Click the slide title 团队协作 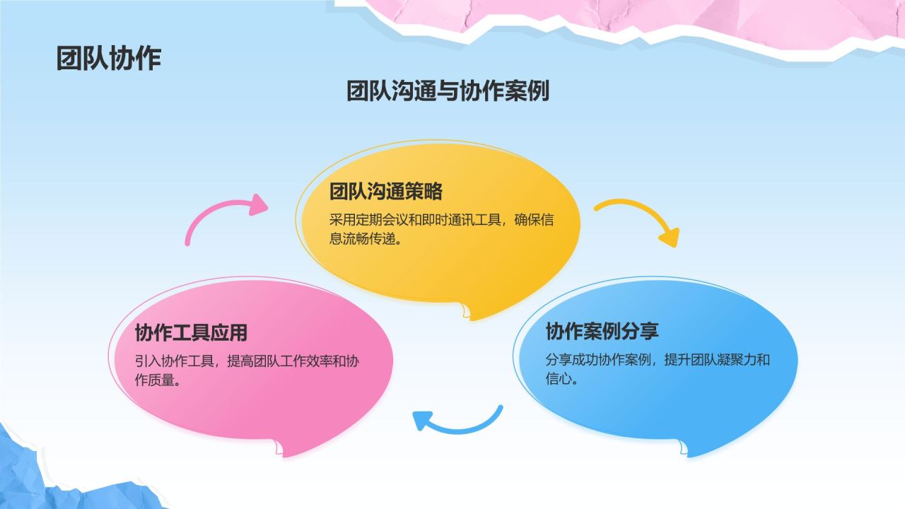(x=109, y=59)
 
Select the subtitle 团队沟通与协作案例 (x=448, y=91)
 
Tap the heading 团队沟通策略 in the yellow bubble (x=385, y=192)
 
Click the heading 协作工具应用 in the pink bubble (x=191, y=332)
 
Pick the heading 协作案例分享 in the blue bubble (x=602, y=331)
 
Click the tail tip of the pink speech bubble (x=281, y=453)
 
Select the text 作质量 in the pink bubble (x=157, y=380)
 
